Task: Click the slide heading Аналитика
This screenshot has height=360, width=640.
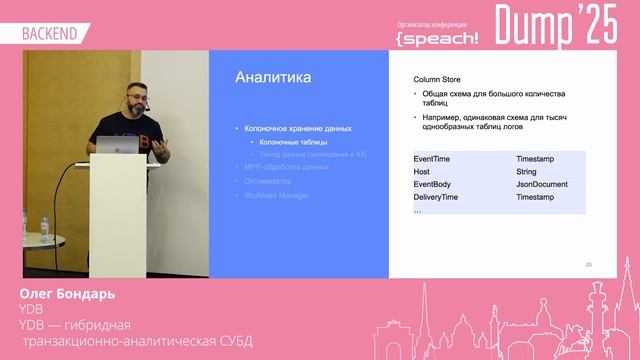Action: (x=272, y=78)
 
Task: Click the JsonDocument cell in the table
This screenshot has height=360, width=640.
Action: (x=542, y=185)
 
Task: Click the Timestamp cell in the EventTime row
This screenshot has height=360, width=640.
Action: (x=536, y=159)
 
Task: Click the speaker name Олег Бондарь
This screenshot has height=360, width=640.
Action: (x=66, y=295)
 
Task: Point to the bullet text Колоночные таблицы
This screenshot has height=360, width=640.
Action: (x=287, y=142)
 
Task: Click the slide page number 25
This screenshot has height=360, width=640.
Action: (x=588, y=265)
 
